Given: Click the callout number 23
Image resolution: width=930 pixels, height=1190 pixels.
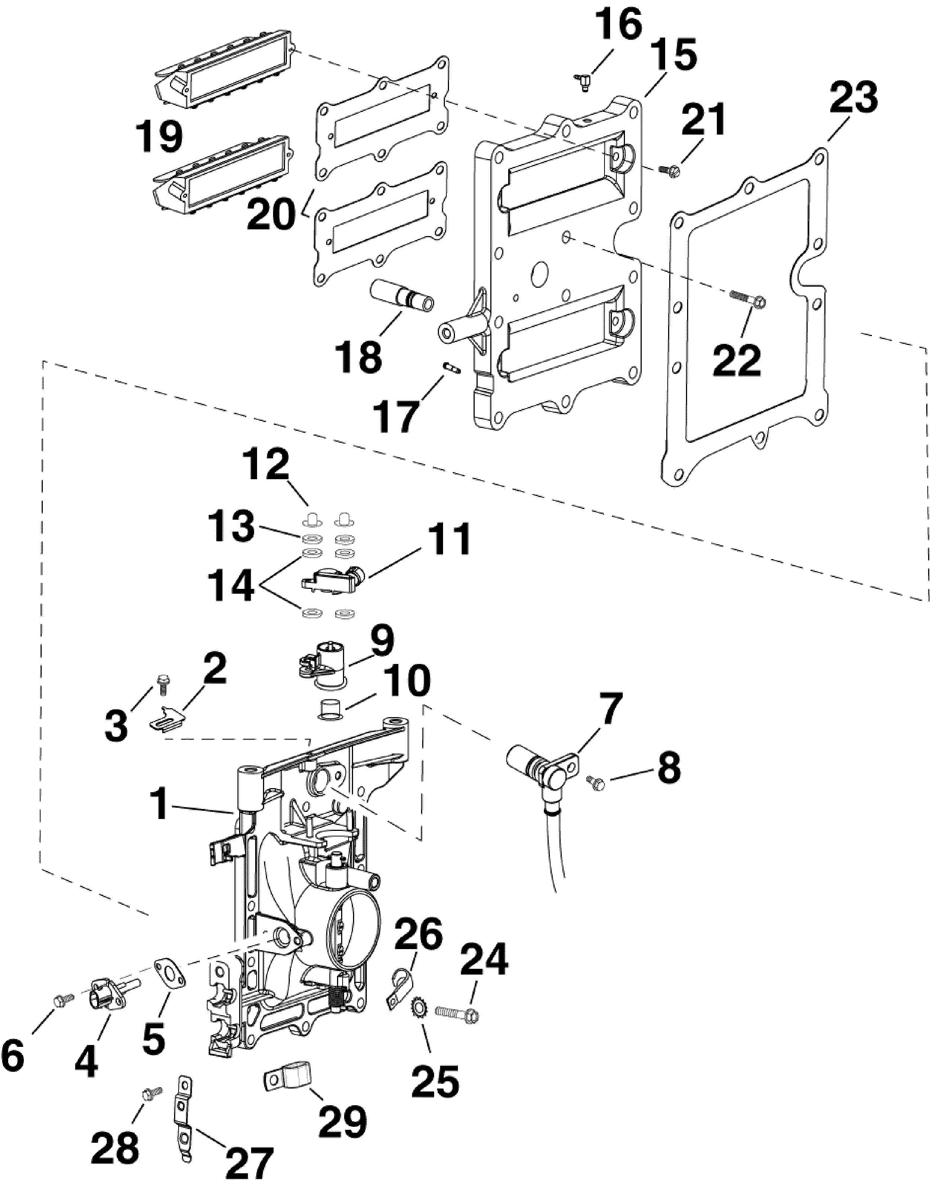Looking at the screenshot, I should click(x=854, y=97).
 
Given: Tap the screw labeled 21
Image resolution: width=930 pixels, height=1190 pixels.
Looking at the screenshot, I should click(x=668, y=170).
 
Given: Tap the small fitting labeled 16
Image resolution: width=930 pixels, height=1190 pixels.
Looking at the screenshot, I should click(x=582, y=82).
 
